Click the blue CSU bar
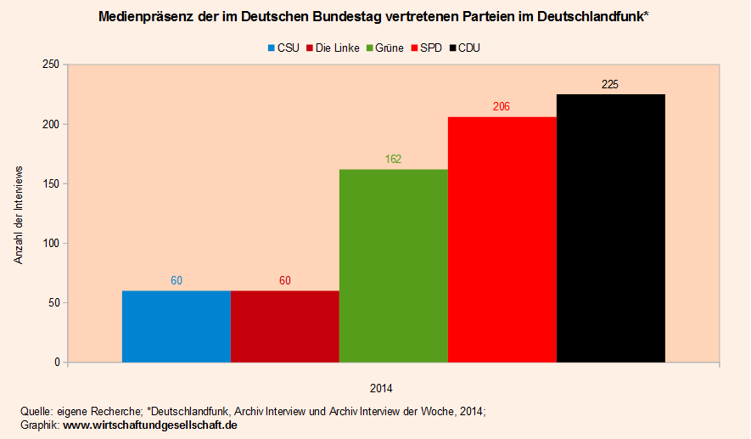177,327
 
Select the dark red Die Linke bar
285,327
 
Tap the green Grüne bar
394,266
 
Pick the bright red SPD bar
502,239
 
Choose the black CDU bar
611,228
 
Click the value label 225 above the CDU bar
610,84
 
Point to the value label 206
502,107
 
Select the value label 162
393,159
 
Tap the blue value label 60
177,280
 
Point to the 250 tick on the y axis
51,65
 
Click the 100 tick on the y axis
51,244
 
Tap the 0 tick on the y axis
57,363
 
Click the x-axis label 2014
381,388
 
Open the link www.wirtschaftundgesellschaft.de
150,425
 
